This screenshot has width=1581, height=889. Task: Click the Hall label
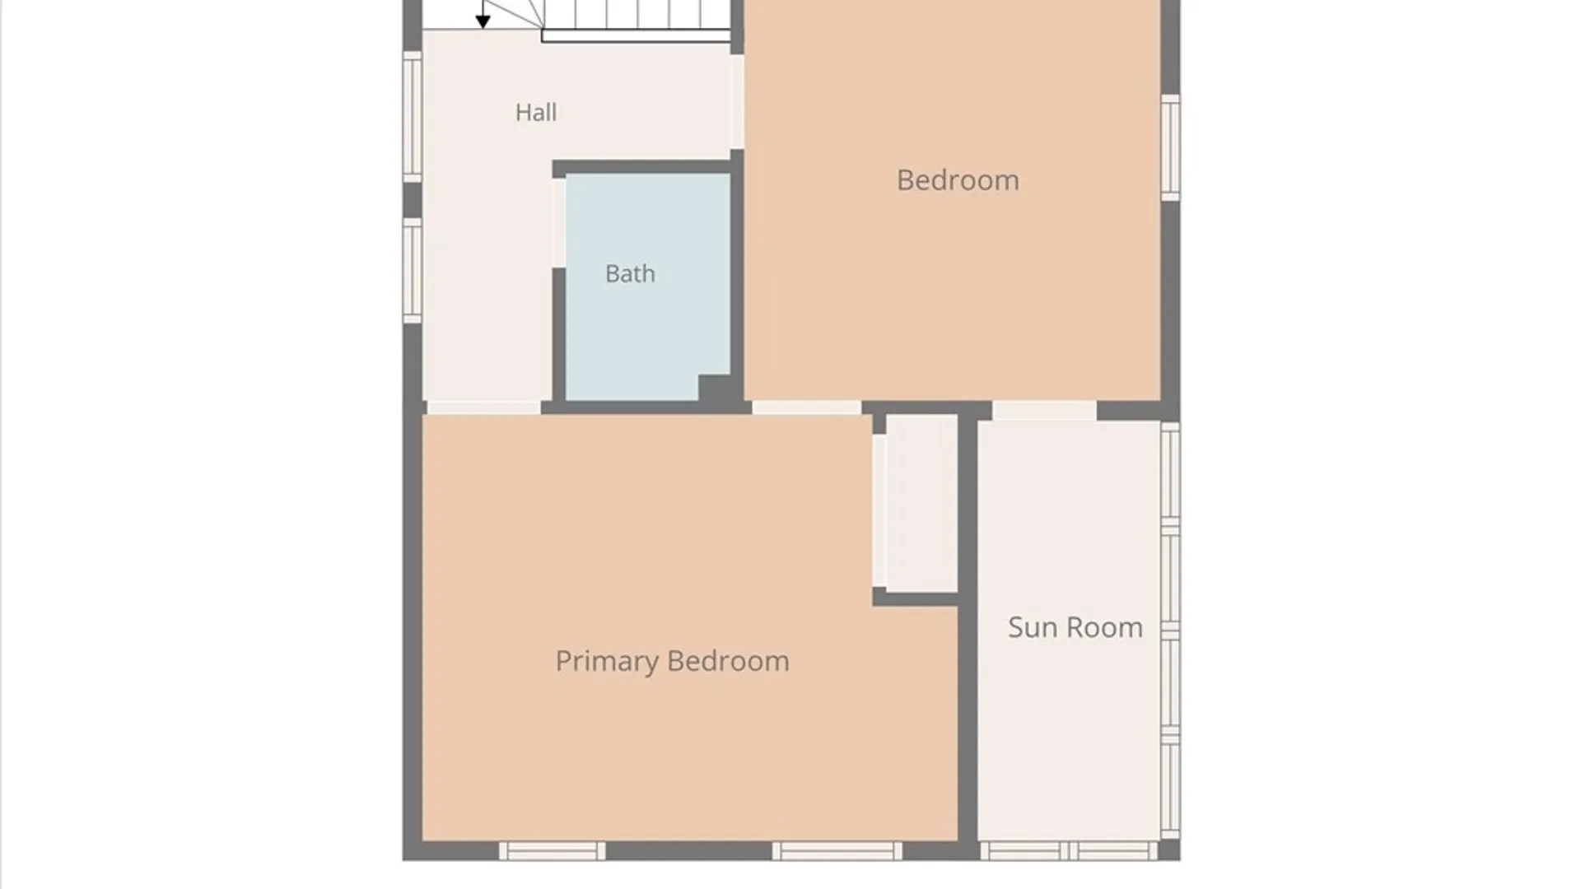(536, 112)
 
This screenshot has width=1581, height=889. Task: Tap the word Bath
(630, 273)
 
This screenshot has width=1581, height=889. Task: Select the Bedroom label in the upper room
(958, 179)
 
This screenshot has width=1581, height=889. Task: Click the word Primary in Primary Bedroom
(607, 662)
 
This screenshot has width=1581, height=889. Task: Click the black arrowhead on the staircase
(483, 21)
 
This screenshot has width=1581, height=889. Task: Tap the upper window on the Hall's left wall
(413, 116)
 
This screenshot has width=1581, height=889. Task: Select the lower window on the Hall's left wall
(413, 270)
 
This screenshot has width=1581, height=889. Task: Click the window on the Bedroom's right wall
(1170, 147)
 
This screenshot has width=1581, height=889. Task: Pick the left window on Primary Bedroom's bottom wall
(552, 851)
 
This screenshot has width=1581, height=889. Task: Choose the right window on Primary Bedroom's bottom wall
(837, 851)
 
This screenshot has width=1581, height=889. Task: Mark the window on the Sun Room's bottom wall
(1069, 851)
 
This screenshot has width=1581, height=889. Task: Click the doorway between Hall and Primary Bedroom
(483, 407)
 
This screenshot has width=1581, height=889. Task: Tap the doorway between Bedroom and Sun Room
(1044, 410)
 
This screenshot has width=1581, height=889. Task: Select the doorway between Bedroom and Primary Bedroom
(806, 407)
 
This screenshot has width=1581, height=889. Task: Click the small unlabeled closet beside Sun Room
(921, 503)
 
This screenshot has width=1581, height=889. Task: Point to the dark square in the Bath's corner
(715, 389)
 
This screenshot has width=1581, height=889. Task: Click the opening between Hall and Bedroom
(738, 102)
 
